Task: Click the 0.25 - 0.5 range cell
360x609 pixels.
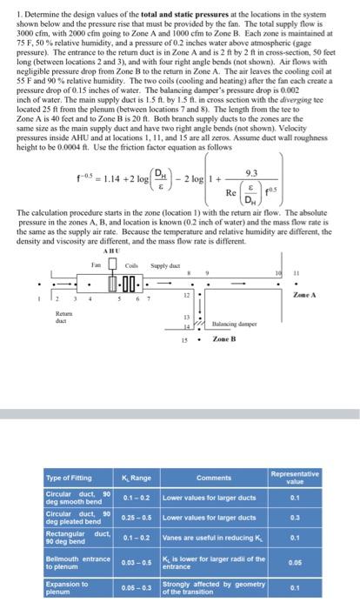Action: click(x=136, y=519)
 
